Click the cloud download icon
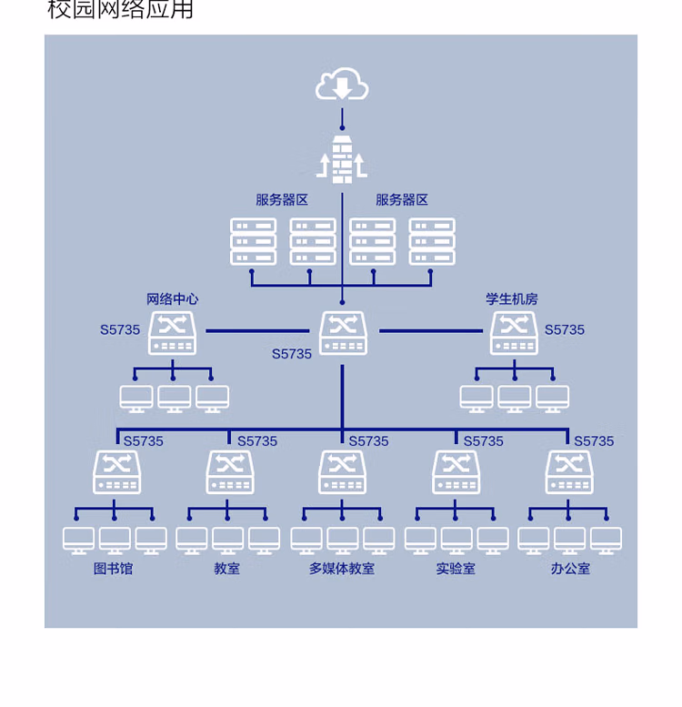(342, 84)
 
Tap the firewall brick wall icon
(342, 159)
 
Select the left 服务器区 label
(282, 200)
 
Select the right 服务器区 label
(402, 200)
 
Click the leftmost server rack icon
(253, 241)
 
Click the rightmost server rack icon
(432, 241)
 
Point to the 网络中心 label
(173, 299)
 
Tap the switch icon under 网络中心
(172, 333)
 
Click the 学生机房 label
(512, 299)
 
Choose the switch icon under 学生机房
(514, 333)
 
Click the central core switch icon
(343, 333)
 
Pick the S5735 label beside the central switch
(292, 354)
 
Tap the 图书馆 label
(113, 569)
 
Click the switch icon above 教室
(230, 472)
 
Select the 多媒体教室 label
(342, 569)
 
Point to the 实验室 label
(456, 569)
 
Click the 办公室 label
(570, 569)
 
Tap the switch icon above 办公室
(569, 472)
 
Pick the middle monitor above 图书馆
(115, 540)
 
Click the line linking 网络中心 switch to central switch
(257, 331)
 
